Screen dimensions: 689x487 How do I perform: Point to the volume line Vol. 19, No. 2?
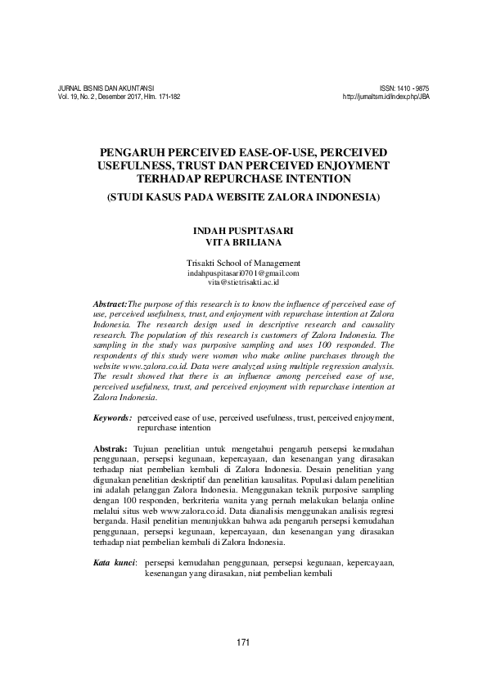119,97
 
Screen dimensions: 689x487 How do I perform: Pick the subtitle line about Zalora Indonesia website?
244,198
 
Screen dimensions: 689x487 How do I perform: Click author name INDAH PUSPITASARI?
243,232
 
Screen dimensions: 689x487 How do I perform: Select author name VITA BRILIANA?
243,242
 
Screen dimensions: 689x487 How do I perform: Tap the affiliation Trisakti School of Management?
244,263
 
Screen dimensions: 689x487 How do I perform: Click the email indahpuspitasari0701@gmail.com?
244,272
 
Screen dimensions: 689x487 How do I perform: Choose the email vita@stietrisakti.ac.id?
244,281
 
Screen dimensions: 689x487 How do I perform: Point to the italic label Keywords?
113,417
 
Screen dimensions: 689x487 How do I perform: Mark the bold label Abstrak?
110,450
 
